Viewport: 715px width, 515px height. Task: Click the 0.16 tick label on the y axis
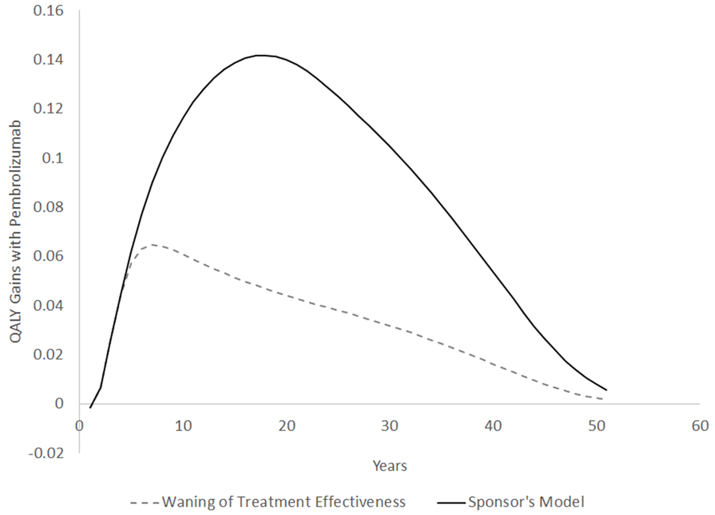pos(48,11)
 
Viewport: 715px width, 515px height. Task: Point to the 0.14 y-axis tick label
pos(48,60)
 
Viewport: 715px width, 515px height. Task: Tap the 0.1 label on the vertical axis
pos(52,158)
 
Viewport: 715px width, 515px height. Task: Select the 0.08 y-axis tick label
pos(48,207)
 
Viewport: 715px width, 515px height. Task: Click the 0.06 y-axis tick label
pos(48,256)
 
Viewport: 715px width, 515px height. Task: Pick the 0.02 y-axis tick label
pos(48,354)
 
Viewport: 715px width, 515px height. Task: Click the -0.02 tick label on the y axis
pos(46,453)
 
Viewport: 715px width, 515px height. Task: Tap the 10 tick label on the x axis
pos(183,426)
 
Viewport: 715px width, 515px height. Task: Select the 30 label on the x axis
pos(390,426)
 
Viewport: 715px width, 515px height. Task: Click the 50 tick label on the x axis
pos(597,426)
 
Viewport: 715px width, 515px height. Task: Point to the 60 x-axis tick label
pos(700,426)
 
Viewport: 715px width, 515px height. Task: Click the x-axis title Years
pos(390,466)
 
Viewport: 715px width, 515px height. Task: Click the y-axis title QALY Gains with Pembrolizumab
pos(15,231)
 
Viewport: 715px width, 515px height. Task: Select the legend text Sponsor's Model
pos(526,502)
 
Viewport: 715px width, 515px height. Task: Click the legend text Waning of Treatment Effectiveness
pos(284,502)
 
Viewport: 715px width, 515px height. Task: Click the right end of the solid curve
pos(607,390)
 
